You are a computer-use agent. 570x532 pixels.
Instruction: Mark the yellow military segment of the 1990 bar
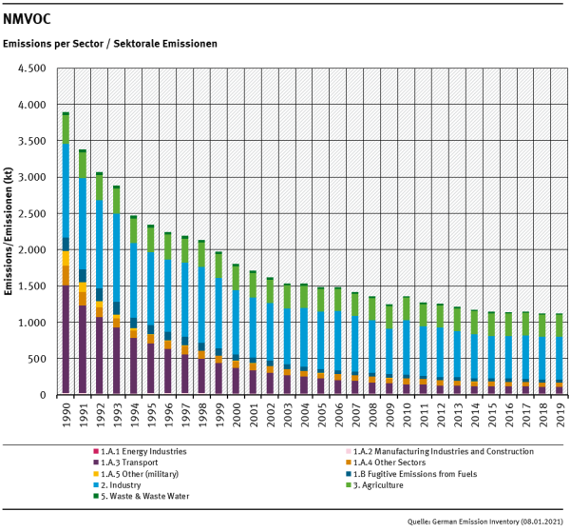pyautogui.click(x=66, y=259)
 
